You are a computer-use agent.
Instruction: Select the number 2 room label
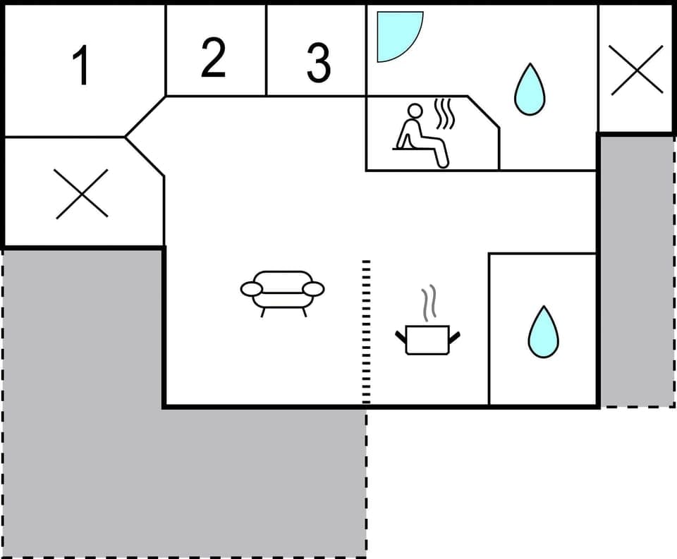pyautogui.click(x=213, y=59)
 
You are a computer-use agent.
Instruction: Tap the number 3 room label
pyautogui.click(x=318, y=63)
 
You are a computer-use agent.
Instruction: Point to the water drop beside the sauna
pyautogui.click(x=529, y=90)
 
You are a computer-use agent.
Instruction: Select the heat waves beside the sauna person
pyautogui.click(x=444, y=115)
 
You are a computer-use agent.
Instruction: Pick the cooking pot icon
pyautogui.click(x=428, y=339)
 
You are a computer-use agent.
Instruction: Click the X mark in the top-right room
pyautogui.click(x=637, y=70)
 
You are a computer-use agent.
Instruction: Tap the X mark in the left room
pyautogui.click(x=82, y=193)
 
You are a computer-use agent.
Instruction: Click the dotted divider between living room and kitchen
pyautogui.click(x=366, y=331)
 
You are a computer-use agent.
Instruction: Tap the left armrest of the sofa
pyautogui.click(x=250, y=288)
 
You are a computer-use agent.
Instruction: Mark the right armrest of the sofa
pyautogui.click(x=314, y=288)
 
